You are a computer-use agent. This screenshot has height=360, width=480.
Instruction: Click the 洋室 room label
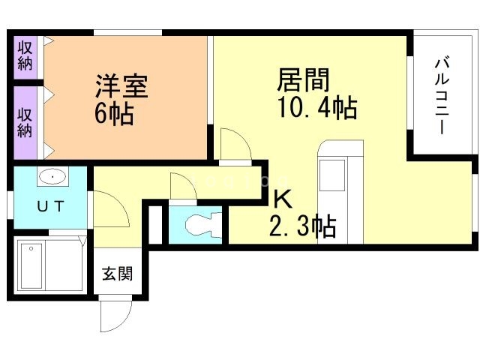click(x=121, y=86)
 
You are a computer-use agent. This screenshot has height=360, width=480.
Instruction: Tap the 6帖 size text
click(x=114, y=113)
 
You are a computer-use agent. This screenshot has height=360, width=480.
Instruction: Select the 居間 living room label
click(x=303, y=80)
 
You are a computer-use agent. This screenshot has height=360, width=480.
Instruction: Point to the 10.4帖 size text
click(x=317, y=107)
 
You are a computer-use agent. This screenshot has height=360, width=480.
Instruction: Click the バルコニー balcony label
click(x=442, y=96)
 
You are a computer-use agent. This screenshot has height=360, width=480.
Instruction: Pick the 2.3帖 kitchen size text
click(x=302, y=226)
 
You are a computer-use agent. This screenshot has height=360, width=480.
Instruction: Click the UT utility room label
click(x=50, y=206)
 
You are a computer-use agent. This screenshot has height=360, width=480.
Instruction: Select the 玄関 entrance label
click(x=118, y=273)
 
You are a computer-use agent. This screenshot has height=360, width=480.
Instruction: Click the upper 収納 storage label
click(x=25, y=56)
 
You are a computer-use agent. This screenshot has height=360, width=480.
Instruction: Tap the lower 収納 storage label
click(x=25, y=122)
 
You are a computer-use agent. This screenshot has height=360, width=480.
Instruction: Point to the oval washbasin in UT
click(x=52, y=177)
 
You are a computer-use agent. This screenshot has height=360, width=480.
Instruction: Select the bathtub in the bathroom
click(x=31, y=265)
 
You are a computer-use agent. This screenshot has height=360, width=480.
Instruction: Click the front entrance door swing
click(x=115, y=315)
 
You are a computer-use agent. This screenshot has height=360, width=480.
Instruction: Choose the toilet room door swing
click(x=183, y=187)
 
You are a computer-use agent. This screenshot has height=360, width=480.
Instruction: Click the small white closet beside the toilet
click(x=155, y=225)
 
